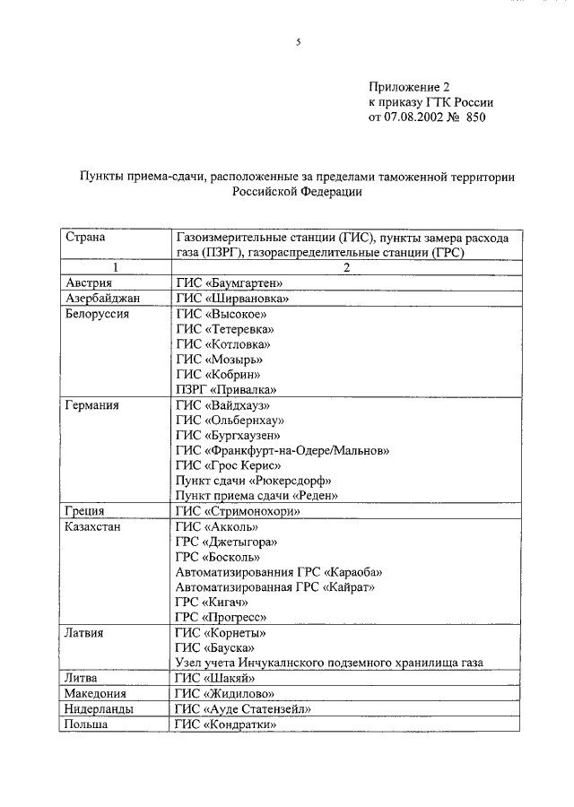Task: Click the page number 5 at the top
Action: [x=298, y=42]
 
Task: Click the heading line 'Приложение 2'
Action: [x=408, y=87]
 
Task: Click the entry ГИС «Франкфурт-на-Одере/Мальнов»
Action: [x=283, y=450]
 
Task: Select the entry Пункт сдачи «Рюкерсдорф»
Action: [x=254, y=481]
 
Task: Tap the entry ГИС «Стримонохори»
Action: [x=238, y=511]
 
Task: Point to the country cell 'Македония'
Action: [x=95, y=693]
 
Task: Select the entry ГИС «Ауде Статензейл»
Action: [x=243, y=708]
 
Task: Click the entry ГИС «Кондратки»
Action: [x=224, y=724]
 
